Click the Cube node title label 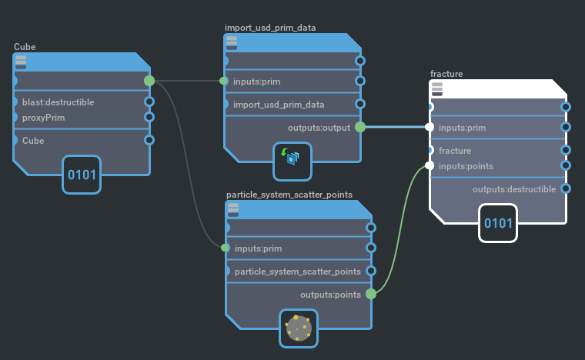pos(25,47)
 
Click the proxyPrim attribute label pos(43,117)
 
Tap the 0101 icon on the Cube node pos(82,175)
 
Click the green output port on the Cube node pos(149,80)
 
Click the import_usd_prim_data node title pos(270,28)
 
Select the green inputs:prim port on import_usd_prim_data pos(224,81)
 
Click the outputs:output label pos(318,127)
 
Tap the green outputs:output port pos(360,127)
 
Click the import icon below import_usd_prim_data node pos(292,158)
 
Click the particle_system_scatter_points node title pos(289,195)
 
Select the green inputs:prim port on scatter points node pos(226,248)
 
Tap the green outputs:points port pos(371,294)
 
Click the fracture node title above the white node pos(446,74)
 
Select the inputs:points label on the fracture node pos(466,166)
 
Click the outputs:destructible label pos(513,189)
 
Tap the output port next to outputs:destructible pos(567,188)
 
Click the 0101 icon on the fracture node pos(497,223)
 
